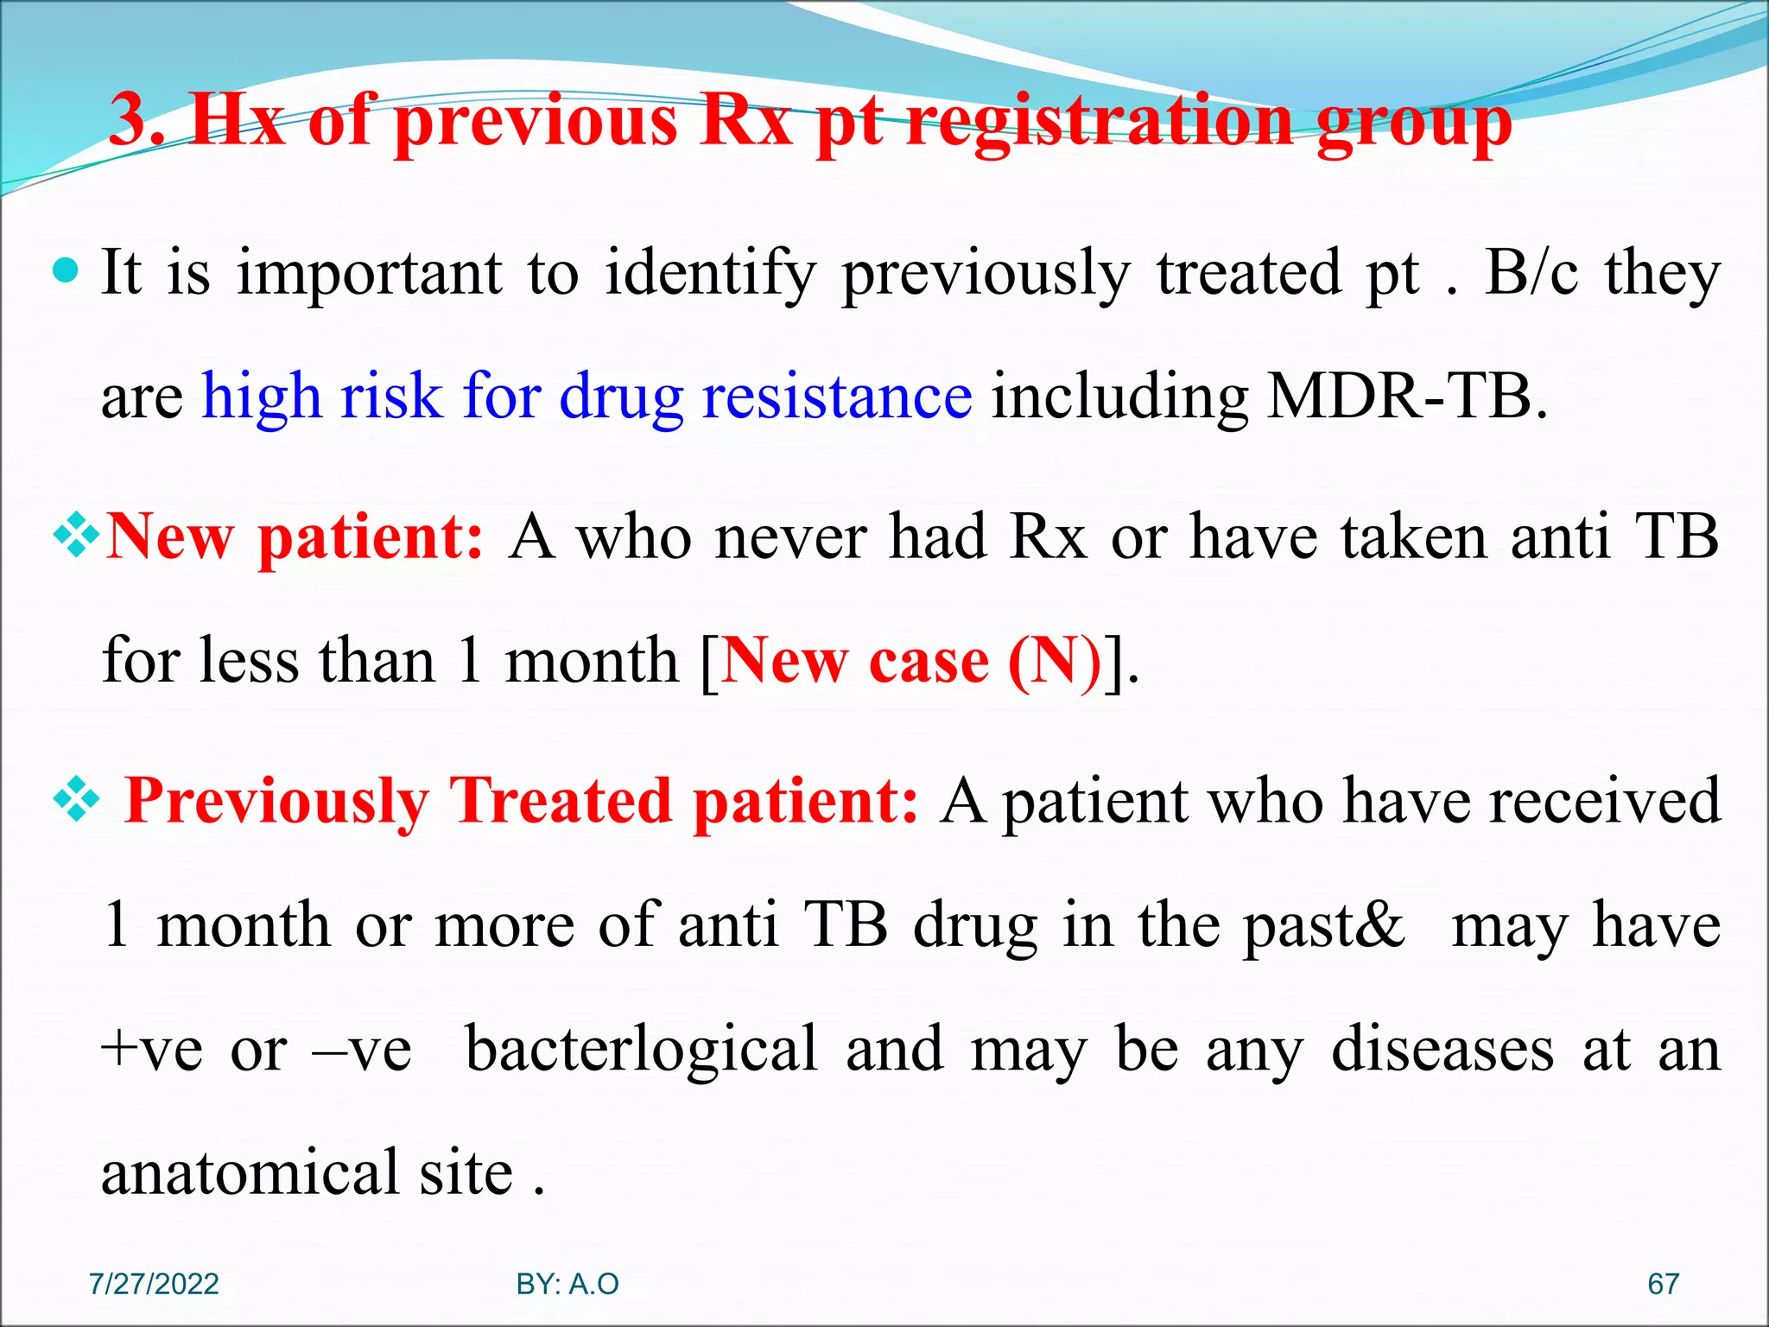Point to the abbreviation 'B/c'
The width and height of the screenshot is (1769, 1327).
point(1531,273)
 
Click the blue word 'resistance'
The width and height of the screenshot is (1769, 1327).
point(837,397)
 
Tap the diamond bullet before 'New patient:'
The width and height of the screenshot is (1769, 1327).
point(77,536)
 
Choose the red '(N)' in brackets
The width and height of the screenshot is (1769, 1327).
point(1055,661)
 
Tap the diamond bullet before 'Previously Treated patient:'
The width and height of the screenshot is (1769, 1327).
point(77,800)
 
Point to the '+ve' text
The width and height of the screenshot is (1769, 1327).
point(152,1050)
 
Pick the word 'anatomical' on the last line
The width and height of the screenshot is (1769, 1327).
point(250,1173)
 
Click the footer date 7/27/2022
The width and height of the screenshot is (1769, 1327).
point(154,1284)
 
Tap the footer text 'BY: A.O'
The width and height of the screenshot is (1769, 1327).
point(567,1284)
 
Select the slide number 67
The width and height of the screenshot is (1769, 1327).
point(1663,1284)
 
